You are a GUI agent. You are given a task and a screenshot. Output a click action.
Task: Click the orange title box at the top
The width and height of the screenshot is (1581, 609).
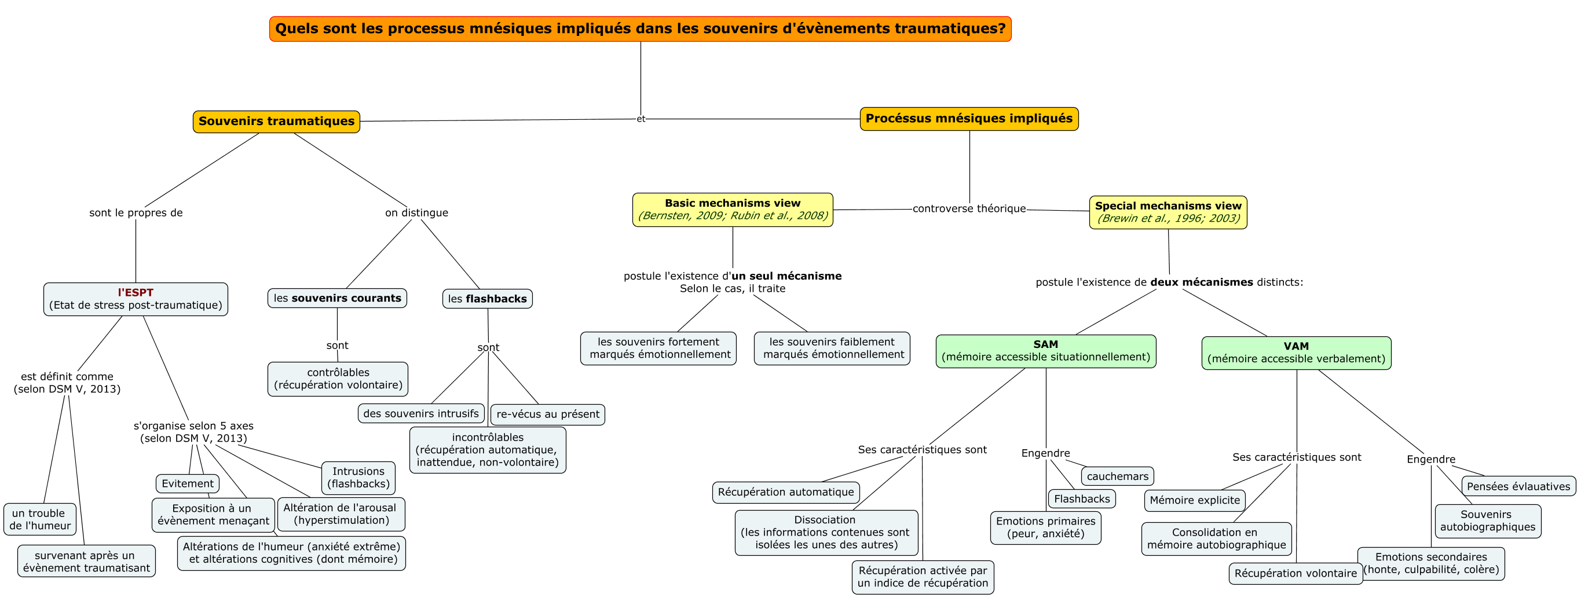click(x=640, y=29)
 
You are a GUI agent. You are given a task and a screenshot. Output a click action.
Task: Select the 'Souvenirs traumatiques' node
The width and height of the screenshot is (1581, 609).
click(x=276, y=122)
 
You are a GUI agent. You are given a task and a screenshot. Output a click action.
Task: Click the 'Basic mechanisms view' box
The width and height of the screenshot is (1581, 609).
click(x=732, y=210)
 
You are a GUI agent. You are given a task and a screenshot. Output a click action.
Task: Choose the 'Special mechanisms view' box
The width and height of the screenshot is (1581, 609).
click(x=1168, y=212)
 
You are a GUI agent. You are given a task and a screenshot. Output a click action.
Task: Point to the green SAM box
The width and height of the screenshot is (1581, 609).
click(x=1045, y=351)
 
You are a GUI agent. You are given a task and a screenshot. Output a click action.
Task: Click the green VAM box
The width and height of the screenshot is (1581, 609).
click(x=1295, y=353)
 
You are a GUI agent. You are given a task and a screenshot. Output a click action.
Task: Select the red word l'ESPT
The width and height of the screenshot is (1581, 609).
click(x=136, y=292)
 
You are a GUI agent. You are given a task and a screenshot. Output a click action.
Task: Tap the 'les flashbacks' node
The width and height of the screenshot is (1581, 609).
click(x=487, y=299)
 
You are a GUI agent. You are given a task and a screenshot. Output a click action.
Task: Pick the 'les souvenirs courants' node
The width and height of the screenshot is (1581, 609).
click(x=337, y=298)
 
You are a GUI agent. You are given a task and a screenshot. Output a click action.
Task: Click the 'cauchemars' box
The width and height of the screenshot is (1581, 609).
click(x=1117, y=476)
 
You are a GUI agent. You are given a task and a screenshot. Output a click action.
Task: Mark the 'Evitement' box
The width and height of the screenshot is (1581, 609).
click(x=187, y=483)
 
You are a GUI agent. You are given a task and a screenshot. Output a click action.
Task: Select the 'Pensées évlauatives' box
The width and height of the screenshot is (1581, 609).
click(x=1518, y=486)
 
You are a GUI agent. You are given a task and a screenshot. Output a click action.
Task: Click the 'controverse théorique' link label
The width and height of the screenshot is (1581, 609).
click(x=968, y=208)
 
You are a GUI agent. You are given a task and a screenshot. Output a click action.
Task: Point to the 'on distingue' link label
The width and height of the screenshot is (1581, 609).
click(x=416, y=213)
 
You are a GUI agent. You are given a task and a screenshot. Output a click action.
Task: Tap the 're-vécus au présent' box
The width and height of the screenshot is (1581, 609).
click(x=547, y=414)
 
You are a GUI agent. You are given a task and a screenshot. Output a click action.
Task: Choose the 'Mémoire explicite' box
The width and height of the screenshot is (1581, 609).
click(x=1194, y=500)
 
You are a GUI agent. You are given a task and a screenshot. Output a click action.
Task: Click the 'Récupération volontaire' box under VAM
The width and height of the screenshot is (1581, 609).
click(x=1295, y=573)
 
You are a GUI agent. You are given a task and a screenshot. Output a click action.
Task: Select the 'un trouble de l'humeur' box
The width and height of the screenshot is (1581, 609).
click(x=40, y=519)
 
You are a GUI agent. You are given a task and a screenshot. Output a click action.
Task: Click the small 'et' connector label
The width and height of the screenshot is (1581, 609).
click(x=641, y=119)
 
